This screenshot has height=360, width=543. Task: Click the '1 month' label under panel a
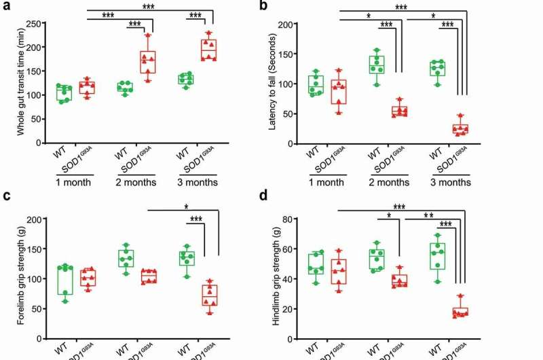(x=75, y=182)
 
